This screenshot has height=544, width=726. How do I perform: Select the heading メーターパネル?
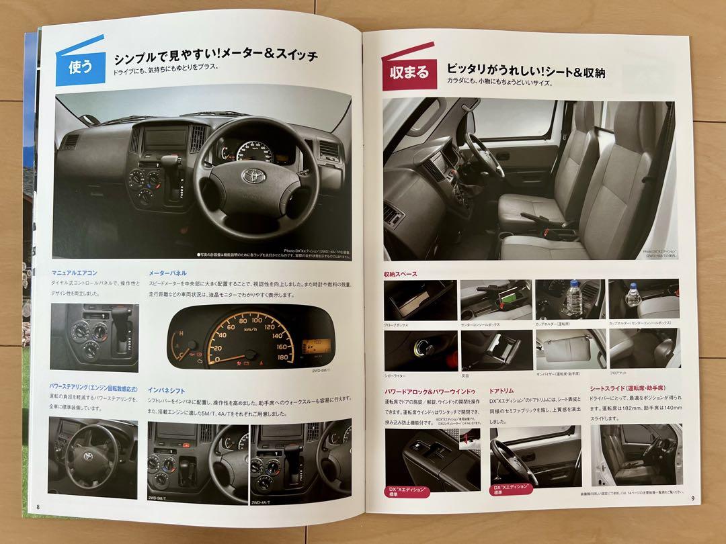tap(168, 273)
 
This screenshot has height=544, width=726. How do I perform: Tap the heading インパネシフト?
tap(167, 390)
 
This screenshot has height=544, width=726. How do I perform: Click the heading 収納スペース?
tap(401, 274)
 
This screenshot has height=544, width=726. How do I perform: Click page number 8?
tap(39, 505)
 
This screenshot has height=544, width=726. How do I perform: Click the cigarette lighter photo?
tap(419, 348)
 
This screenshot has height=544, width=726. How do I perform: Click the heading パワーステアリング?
tap(94, 387)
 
